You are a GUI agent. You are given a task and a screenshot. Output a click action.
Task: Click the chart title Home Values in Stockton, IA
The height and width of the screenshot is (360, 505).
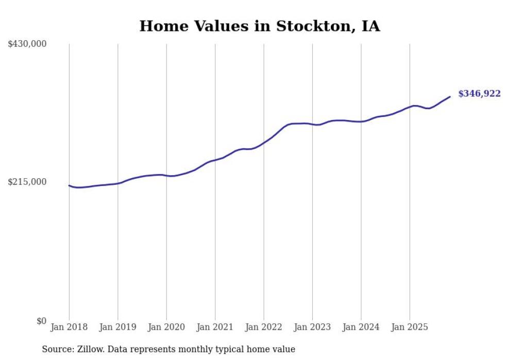(260, 26)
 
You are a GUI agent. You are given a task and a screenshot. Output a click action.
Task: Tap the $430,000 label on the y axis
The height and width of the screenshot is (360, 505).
(27, 44)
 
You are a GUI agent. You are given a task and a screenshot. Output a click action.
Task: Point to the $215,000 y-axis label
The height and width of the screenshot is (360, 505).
(27, 182)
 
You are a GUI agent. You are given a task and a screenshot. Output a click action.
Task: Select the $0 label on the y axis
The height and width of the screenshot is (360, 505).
(41, 321)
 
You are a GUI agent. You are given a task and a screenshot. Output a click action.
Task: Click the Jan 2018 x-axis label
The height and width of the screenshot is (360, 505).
(69, 327)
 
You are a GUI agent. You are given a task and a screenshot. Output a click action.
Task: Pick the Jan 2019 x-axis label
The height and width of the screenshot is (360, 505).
(117, 327)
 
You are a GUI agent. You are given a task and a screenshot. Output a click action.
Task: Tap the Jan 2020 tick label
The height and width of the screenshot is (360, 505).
(166, 327)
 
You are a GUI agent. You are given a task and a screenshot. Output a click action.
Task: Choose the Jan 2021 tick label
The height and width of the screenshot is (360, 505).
(215, 327)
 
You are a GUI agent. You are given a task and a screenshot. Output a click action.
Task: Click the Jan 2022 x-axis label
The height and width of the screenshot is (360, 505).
(264, 327)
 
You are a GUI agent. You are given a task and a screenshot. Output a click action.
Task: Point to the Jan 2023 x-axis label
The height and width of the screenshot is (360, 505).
(312, 327)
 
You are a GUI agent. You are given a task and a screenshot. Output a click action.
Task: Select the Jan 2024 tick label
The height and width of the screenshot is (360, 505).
(361, 327)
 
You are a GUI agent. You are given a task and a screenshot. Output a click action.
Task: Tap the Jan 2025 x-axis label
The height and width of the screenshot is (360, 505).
(410, 327)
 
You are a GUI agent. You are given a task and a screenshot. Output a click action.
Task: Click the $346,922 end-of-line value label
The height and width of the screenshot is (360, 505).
(479, 94)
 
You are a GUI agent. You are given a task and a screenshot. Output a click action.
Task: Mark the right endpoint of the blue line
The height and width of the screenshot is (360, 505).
(450, 97)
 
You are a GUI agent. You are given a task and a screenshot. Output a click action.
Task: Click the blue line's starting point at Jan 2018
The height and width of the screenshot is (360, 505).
(69, 185)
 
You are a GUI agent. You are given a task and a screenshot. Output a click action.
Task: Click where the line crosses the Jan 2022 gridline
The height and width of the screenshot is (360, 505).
(264, 142)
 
